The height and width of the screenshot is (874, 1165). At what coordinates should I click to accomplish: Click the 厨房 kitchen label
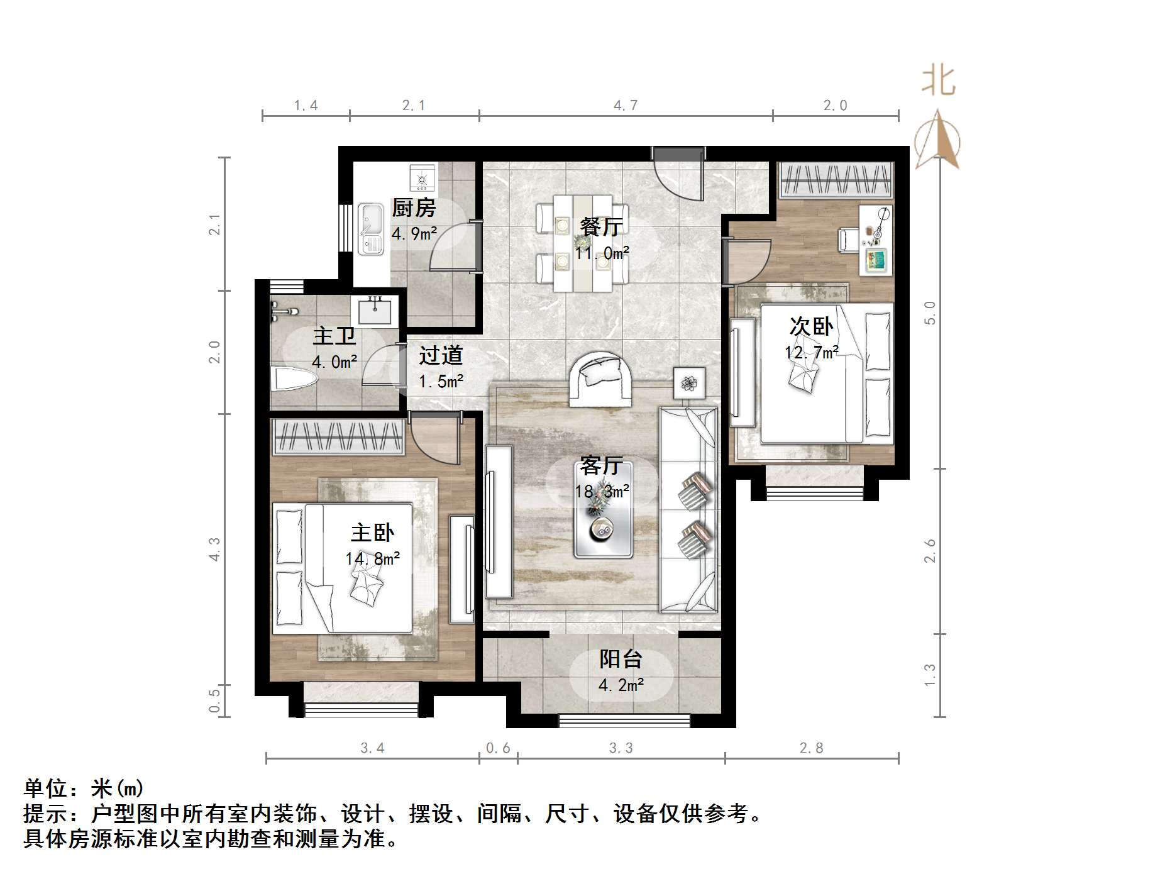pos(413,208)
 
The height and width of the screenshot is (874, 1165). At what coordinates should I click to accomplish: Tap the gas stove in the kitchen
pos(422,178)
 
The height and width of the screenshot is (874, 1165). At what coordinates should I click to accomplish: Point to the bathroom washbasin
pos(374,311)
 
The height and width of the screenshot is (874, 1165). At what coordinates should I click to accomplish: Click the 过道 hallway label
pos(441,356)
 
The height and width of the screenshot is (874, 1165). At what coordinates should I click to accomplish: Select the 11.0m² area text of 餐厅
pos(602,253)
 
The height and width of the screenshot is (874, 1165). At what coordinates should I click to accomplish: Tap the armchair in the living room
pos(600,379)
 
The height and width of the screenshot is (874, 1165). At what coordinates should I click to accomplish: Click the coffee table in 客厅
pos(603,509)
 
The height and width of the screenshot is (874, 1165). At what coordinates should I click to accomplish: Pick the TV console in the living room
pos(499,521)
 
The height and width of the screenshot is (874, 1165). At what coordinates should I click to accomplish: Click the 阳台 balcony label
pos(621,659)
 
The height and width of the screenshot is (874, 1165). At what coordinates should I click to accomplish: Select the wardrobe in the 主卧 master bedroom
pos(338,436)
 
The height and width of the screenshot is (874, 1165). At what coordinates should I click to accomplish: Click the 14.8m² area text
pos(372,558)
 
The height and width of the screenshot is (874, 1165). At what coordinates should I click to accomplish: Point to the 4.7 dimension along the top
pos(626,106)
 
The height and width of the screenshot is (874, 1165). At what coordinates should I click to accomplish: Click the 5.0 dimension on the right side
pos(930,313)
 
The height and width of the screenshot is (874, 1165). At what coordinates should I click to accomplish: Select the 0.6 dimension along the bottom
pos(498,748)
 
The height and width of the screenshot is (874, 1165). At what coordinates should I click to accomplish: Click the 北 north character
pos(939,81)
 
